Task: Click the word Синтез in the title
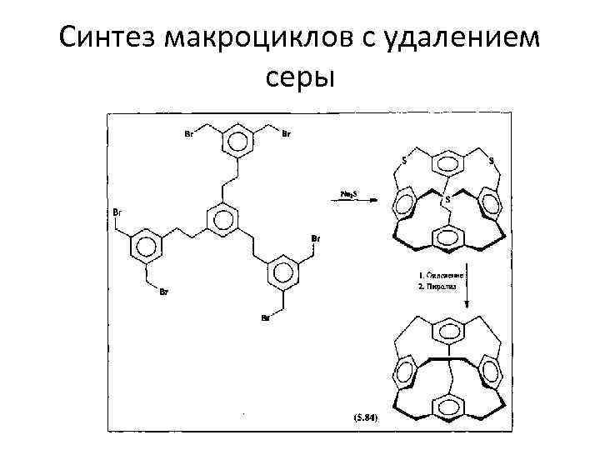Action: click(110, 37)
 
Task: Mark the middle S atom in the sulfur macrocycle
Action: click(447, 199)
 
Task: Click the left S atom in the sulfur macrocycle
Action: click(404, 158)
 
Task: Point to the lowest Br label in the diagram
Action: click(264, 318)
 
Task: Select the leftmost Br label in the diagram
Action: click(117, 213)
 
